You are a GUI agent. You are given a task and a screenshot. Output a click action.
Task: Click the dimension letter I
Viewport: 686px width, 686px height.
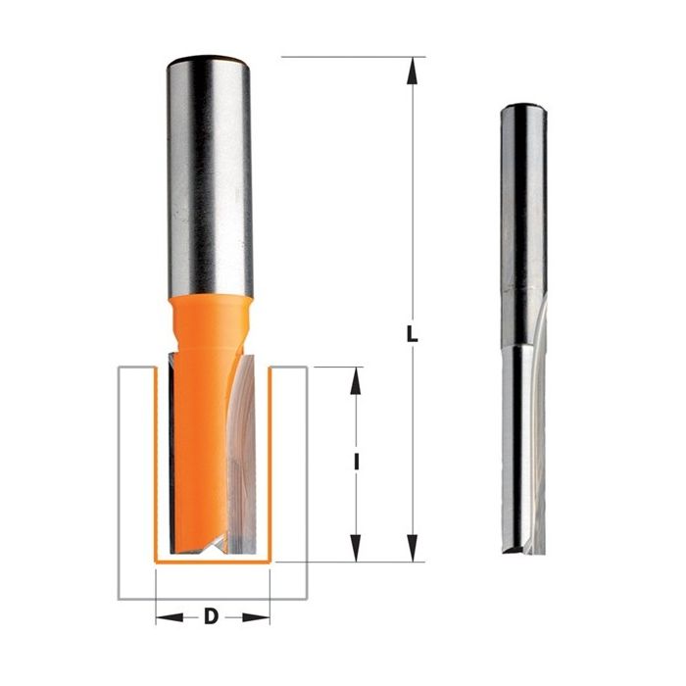click(357, 462)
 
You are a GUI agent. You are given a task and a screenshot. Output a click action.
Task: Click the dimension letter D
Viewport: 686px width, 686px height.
click(212, 616)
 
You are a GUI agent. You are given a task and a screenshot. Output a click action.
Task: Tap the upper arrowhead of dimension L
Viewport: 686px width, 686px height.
click(412, 71)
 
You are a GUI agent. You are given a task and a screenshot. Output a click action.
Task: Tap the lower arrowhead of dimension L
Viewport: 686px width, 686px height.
click(412, 548)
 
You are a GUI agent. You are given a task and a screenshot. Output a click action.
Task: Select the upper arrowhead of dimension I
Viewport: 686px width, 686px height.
click(356, 381)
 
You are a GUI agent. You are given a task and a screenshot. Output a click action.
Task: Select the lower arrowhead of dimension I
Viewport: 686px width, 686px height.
click(356, 548)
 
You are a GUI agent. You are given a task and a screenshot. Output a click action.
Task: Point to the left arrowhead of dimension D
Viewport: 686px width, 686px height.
click(170, 617)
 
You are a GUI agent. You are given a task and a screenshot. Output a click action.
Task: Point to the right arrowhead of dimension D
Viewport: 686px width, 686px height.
click(256, 617)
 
